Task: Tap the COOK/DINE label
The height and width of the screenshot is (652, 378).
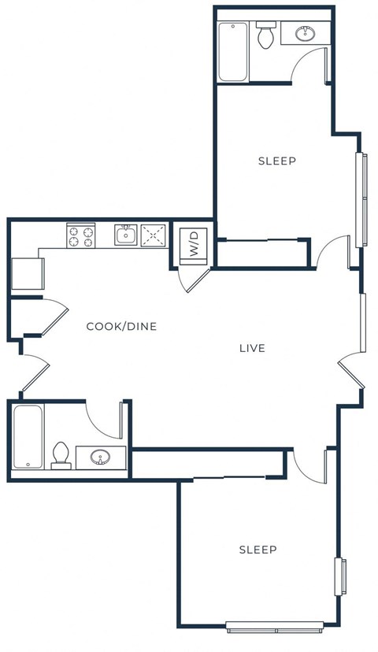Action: [x=121, y=326]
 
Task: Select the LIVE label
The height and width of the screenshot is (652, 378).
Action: [x=252, y=348]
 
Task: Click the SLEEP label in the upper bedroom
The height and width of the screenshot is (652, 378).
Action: [x=277, y=161]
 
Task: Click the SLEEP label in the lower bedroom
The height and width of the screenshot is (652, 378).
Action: [x=258, y=549]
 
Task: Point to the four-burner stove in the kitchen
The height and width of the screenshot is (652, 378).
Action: [x=80, y=235]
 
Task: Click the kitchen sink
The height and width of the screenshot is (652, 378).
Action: [x=125, y=234]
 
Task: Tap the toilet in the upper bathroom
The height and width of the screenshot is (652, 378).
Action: [x=265, y=36]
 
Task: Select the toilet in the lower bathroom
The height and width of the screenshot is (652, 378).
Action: [x=61, y=456]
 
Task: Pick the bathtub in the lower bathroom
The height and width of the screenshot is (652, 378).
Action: [x=28, y=438]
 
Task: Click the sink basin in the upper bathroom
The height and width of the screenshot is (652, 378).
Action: [x=305, y=34]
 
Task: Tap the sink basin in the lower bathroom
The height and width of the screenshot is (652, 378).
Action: [x=100, y=457]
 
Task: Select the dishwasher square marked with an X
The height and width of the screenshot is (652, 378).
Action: [x=154, y=235]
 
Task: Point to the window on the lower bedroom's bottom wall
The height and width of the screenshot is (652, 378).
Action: [x=274, y=627]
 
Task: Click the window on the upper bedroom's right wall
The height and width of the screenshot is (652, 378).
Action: [x=362, y=198]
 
